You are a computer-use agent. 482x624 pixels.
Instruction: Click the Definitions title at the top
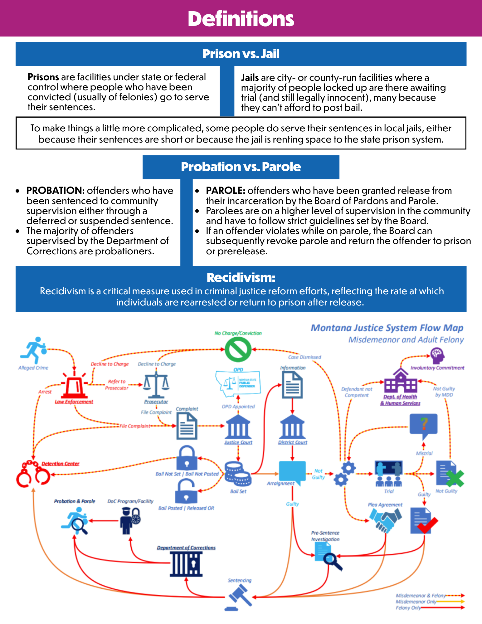(241, 19)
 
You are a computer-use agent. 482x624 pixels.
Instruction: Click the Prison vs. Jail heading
(241, 54)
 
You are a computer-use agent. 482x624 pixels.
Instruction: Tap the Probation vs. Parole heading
(241, 167)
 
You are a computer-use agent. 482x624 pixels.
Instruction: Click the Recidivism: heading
(241, 277)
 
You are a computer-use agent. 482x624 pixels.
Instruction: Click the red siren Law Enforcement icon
(74, 385)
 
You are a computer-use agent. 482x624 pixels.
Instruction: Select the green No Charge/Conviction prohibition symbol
(238, 349)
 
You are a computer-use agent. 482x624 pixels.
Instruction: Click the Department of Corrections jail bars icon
(186, 563)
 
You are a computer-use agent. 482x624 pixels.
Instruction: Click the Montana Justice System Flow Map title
(387, 328)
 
